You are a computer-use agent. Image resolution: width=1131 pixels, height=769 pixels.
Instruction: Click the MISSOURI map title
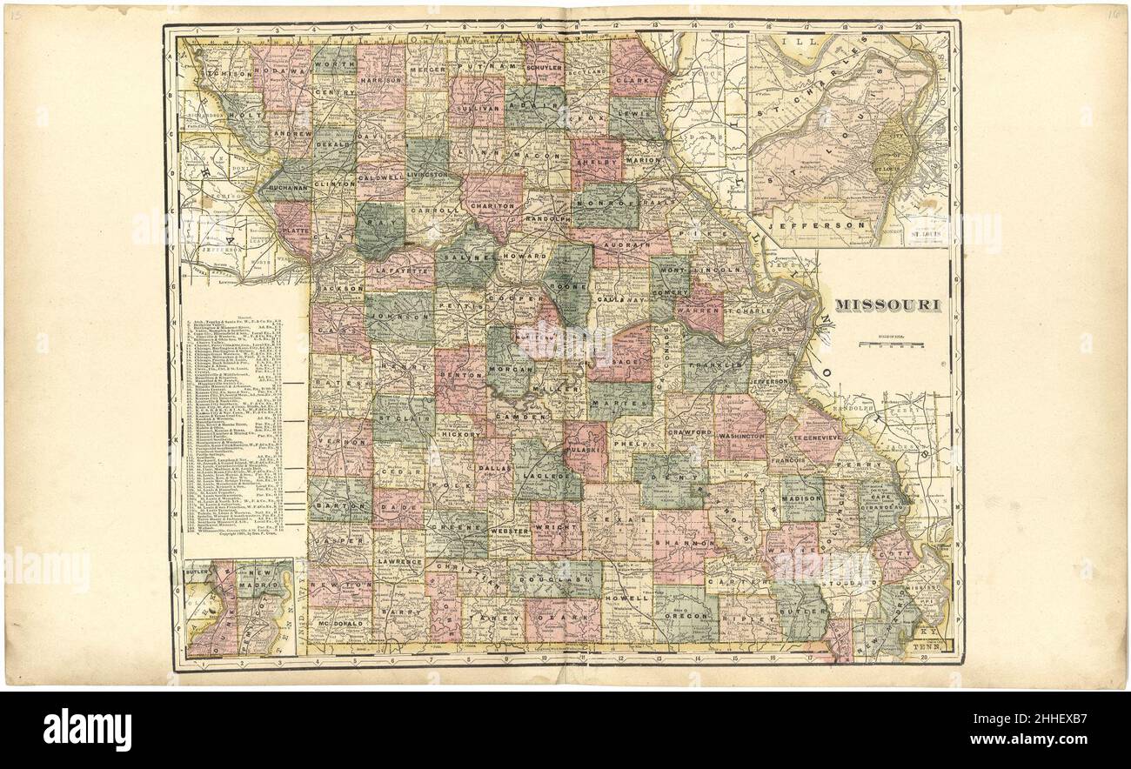click(891, 304)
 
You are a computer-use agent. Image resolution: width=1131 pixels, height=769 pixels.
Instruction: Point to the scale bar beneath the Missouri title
click(893, 344)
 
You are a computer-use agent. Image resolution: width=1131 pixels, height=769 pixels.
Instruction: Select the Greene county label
click(455, 527)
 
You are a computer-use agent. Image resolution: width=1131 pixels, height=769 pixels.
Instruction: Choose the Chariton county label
click(492, 206)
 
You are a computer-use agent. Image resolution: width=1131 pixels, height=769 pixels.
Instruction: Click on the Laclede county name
click(545, 477)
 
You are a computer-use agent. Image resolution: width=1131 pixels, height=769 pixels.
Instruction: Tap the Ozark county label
click(561, 615)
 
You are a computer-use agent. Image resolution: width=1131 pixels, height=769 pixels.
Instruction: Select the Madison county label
click(801, 498)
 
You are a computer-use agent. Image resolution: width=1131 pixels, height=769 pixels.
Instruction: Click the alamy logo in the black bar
click(87, 729)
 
